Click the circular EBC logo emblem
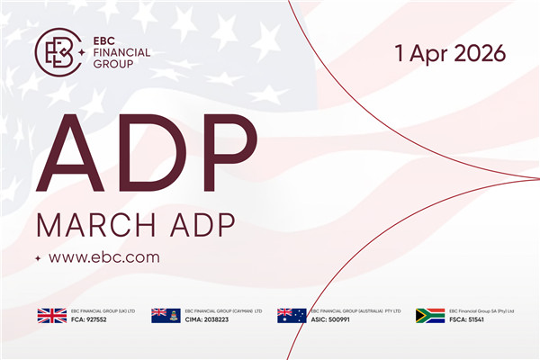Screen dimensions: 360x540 tap(56, 50)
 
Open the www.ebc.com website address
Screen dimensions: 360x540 tap(104, 257)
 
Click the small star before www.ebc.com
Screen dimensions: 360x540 tap(38, 258)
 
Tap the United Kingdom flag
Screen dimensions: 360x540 tap(51, 315)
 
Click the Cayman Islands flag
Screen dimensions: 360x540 tap(166, 315)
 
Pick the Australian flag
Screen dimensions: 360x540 tap(292, 315)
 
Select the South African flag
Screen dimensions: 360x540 tap(430, 315)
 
